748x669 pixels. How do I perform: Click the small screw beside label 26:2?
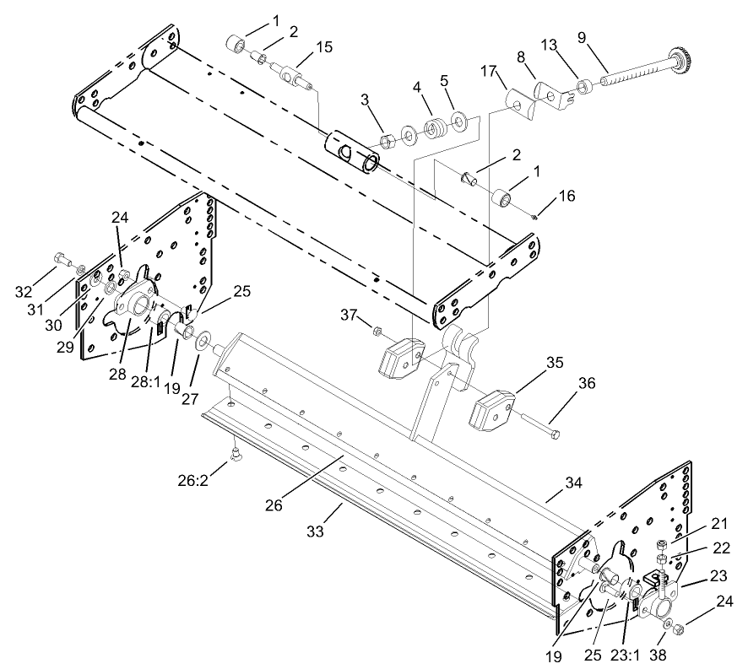[x=236, y=456]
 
